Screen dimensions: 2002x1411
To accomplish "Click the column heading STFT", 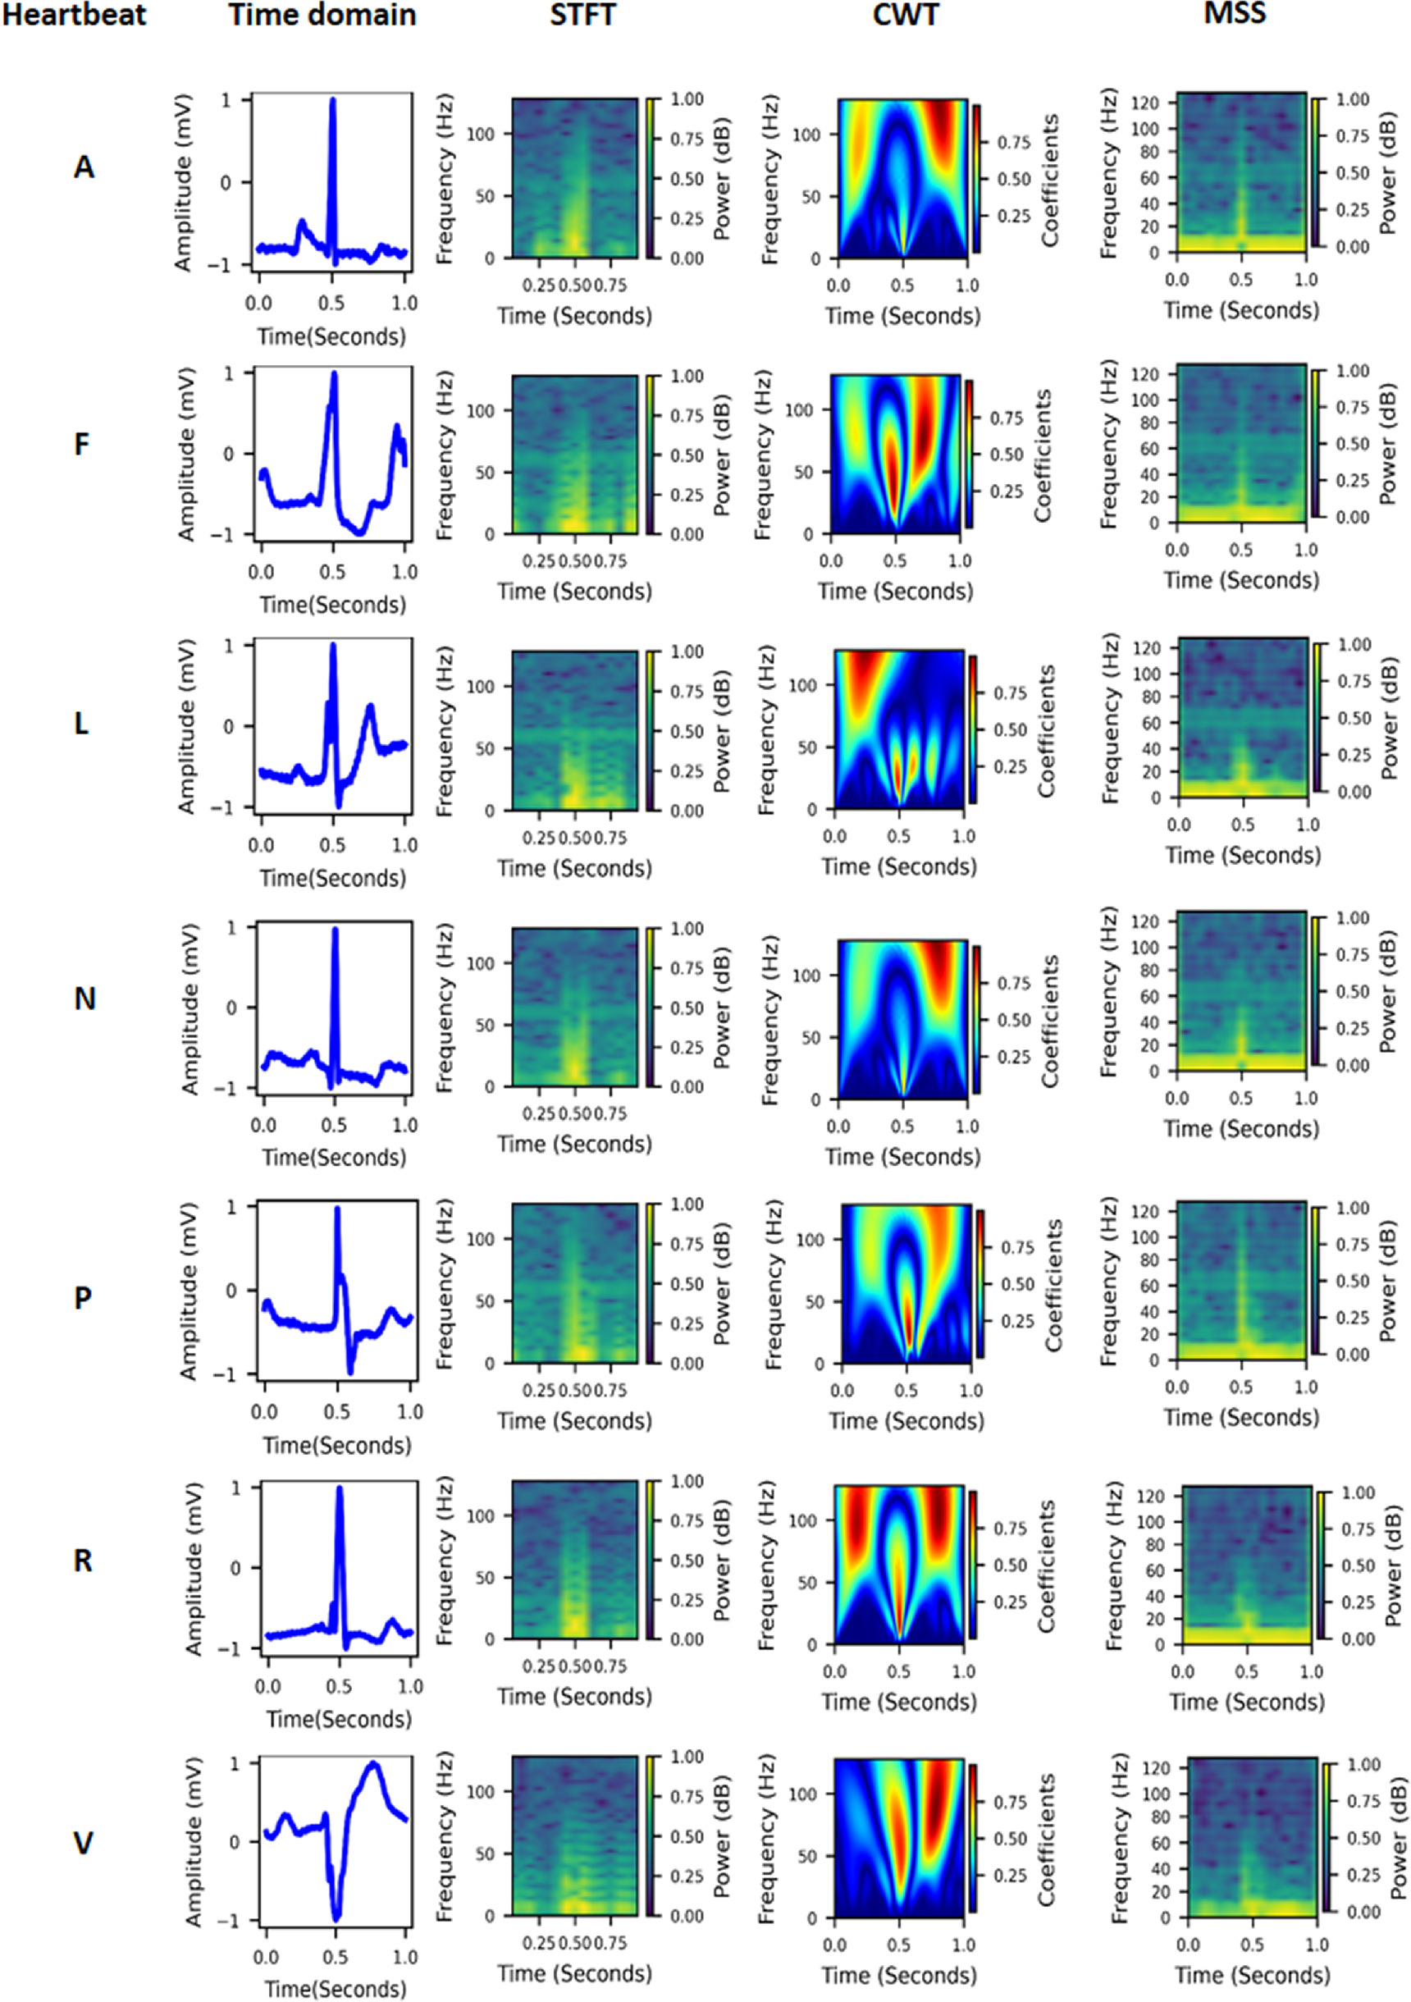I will coord(582,15).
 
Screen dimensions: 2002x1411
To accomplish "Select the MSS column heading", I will coord(1234,13).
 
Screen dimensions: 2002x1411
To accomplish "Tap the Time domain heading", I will coord(322,15).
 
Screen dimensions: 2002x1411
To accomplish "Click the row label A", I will coord(84,167).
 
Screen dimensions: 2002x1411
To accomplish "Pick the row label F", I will coord(82,444).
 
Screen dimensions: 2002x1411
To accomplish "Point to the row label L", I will coord(82,723).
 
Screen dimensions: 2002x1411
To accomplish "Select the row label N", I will coord(84,999).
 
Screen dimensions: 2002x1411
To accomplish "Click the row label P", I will coord(83,1298).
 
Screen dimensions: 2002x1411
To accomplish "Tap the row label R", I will coord(83,1560).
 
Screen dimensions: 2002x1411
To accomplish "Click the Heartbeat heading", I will coord(74,15).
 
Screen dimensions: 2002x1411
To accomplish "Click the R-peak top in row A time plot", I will coord(332,100).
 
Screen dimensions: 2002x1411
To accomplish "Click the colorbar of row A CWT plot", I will coord(977,179).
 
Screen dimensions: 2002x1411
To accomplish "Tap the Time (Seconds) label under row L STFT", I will coord(575,868).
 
